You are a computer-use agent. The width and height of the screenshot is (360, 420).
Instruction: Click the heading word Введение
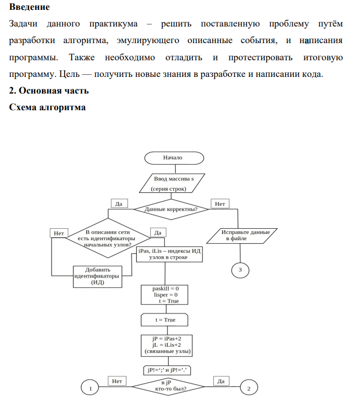click(x=30, y=7)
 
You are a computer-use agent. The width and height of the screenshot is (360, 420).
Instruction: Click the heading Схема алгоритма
click(x=47, y=108)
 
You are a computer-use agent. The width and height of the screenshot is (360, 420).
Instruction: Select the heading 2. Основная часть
click(x=49, y=91)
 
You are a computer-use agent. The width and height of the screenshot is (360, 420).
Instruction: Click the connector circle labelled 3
click(x=240, y=270)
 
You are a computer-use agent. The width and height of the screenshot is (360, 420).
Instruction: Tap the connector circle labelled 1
click(x=91, y=388)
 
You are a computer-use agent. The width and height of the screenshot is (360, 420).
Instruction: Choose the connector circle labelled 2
click(x=249, y=388)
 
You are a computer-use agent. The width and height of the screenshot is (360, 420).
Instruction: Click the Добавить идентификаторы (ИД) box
click(x=98, y=276)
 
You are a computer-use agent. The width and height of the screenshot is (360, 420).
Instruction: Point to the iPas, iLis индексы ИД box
click(x=169, y=254)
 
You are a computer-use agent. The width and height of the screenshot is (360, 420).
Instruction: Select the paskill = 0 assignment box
click(x=165, y=295)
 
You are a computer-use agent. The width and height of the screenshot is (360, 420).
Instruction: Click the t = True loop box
click(x=165, y=320)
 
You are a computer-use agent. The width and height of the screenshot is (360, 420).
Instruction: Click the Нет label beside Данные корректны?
click(x=220, y=204)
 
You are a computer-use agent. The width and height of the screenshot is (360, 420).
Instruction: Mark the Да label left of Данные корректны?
click(x=118, y=204)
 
